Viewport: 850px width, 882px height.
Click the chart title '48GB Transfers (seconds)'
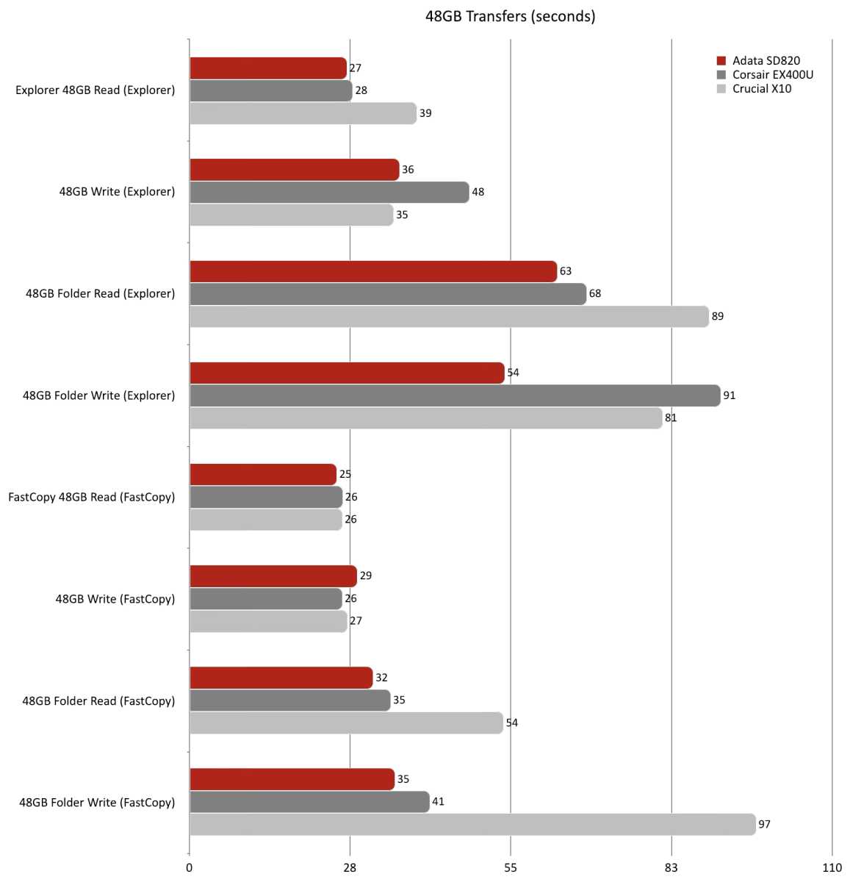(x=510, y=16)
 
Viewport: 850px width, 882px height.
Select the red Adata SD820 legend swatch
(x=721, y=61)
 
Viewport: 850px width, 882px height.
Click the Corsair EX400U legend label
(x=772, y=75)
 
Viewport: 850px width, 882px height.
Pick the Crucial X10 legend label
(x=762, y=89)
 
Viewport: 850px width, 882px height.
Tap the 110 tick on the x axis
(x=832, y=868)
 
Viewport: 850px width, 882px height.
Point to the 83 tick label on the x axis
(x=671, y=868)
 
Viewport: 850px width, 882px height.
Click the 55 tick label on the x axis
(x=511, y=868)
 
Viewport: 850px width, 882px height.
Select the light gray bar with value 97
(x=472, y=825)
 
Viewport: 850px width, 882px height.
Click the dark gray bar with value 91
(x=454, y=395)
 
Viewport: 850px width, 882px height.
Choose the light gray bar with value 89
(x=448, y=317)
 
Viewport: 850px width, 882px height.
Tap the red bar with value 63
(x=372, y=272)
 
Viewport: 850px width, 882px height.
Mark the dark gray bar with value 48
(x=328, y=193)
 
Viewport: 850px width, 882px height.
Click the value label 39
(x=425, y=114)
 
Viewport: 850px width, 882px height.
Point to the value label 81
(x=671, y=418)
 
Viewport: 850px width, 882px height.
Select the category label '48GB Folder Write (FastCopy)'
(x=97, y=803)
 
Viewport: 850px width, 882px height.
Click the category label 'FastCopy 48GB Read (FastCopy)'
(x=92, y=498)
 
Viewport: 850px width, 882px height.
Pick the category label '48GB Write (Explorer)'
(x=117, y=193)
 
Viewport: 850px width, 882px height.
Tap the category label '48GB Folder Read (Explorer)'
(x=100, y=294)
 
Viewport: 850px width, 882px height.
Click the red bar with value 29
(x=273, y=576)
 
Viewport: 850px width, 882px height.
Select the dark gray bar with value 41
(x=309, y=802)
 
